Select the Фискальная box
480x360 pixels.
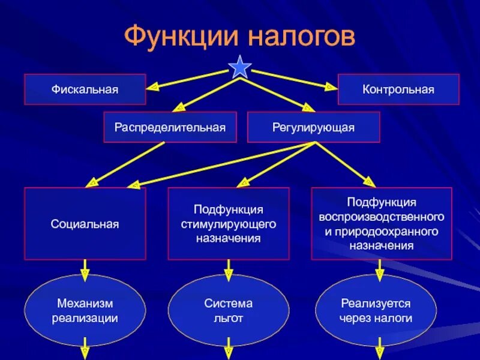pos(85,89)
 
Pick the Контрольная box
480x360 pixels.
pos(398,89)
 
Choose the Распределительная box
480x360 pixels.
pos(170,127)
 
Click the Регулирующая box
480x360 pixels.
pos(313,127)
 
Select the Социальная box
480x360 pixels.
pos(85,224)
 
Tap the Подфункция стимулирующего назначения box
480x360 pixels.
pos(228,224)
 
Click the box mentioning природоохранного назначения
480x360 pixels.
pos(382,224)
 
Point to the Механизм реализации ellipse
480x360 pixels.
pos(85,310)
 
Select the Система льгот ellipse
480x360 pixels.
pos(228,310)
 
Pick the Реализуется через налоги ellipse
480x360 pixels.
pos(376,310)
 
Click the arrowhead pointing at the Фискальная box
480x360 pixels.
pos(153,86)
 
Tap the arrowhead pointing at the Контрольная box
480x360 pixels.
pos(329,87)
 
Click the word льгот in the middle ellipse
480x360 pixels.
pos(228,318)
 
